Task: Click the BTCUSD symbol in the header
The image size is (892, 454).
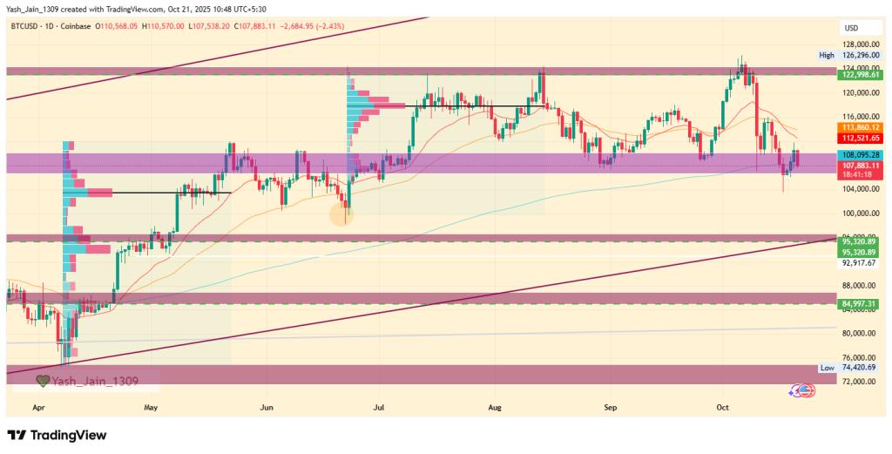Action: [x=26, y=26]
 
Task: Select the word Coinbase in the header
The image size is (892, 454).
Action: [x=79, y=26]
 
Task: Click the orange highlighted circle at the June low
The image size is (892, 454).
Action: [x=343, y=212]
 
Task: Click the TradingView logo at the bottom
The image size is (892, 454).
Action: [x=57, y=435]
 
